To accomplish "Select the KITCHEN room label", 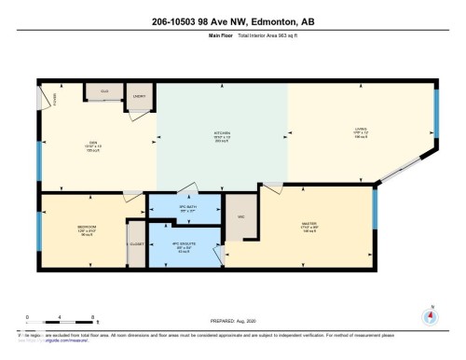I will [x=222, y=133].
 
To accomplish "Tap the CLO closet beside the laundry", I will [x=103, y=91].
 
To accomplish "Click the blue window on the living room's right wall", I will [x=433, y=114].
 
